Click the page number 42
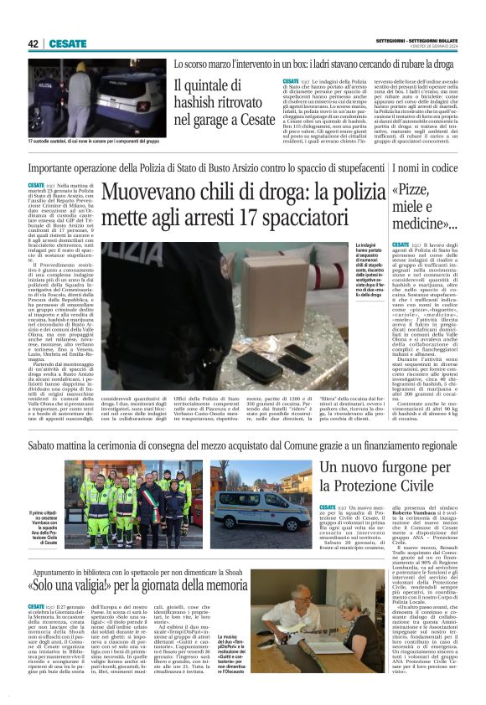tap(33, 44)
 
